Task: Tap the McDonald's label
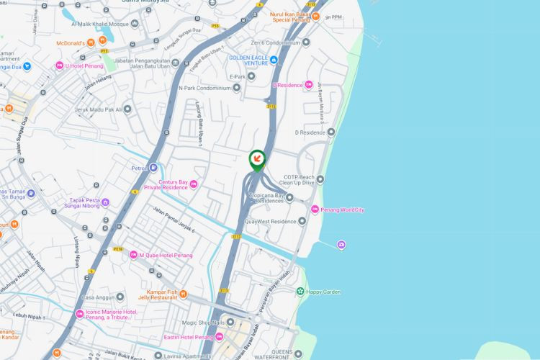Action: pos(71,43)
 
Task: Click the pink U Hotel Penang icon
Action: pos(60,66)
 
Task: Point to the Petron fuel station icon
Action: pos(154,168)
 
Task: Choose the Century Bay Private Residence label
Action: pos(167,185)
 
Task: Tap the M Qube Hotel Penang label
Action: pos(162,255)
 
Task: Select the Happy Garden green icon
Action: pos(300,292)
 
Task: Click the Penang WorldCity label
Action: pos(343,210)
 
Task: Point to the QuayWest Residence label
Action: pos(270,222)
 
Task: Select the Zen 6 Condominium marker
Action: pos(306,42)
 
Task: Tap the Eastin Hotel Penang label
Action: pos(189,337)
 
